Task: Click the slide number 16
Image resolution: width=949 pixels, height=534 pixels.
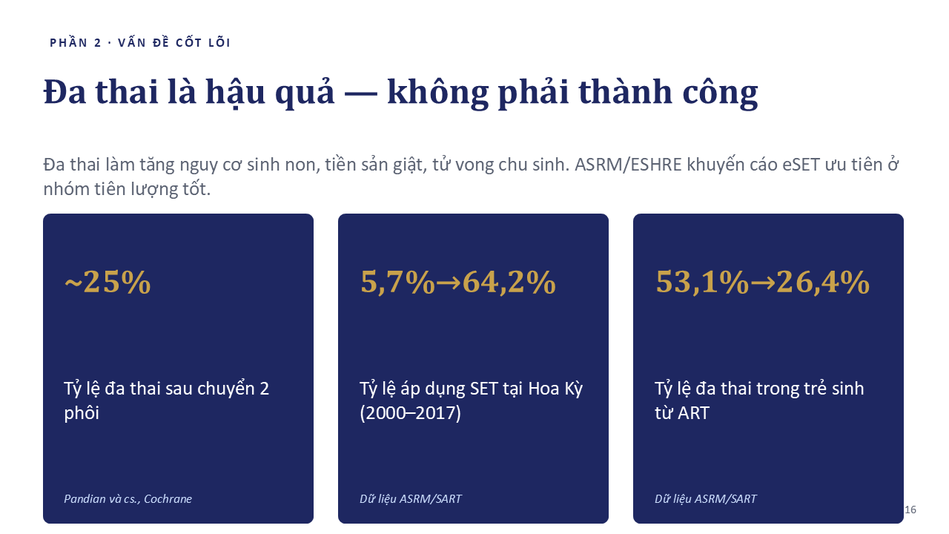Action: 910,510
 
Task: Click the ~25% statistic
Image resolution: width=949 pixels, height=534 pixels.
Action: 108,282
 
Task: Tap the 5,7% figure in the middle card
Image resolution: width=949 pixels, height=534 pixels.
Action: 397,283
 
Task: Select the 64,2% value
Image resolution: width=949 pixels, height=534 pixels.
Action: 509,283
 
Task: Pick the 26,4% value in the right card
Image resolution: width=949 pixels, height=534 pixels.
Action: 823,283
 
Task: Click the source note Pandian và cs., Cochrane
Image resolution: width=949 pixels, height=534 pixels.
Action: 128,499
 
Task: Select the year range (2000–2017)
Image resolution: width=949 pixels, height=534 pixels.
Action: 410,413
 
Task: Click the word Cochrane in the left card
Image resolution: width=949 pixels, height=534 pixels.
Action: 168,499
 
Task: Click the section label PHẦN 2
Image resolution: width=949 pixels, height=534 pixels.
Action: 76,43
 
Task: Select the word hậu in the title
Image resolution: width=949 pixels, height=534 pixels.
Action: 235,92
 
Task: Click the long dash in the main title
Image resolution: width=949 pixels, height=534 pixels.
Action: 361,94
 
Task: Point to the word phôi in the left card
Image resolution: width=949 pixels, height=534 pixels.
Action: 82,413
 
